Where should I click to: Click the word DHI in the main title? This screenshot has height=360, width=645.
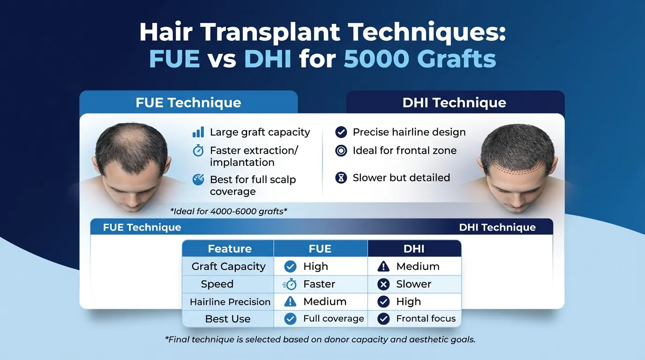268,60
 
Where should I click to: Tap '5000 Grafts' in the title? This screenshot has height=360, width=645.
420,60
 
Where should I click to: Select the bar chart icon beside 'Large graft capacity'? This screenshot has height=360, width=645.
198,132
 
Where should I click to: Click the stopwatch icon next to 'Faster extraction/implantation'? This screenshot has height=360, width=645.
198,150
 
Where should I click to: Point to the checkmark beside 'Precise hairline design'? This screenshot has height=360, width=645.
341,132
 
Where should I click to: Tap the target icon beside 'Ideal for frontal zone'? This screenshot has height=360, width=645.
341,150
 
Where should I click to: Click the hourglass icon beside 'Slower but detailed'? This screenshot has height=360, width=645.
341,178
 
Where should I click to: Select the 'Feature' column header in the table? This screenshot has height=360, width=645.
230,249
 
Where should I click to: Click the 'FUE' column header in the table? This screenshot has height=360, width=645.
320,249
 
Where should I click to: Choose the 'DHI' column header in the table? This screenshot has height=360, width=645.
414,249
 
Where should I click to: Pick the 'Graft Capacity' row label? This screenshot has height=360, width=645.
228,266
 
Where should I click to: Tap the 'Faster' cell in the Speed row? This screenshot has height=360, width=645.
319,284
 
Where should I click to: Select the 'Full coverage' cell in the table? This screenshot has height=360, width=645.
333,319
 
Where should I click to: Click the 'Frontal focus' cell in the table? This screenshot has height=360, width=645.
426,319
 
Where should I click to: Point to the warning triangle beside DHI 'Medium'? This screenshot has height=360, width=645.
383,267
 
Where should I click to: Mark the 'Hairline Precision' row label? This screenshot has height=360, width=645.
230,302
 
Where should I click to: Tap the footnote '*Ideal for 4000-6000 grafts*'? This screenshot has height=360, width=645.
229,211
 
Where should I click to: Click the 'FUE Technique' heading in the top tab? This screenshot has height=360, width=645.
188,103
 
